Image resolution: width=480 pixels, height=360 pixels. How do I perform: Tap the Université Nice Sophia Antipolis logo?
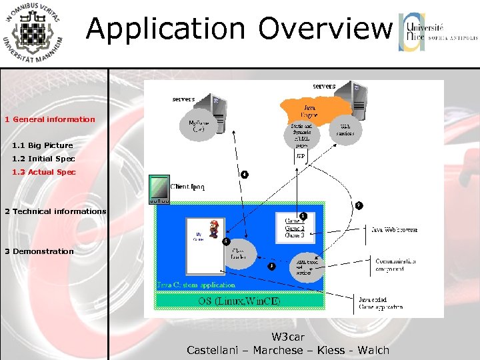[437, 32]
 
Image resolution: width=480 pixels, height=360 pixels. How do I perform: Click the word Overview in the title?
[325, 29]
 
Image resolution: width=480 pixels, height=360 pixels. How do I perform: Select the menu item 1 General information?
[50, 119]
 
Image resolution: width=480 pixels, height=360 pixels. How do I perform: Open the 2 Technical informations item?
[55, 211]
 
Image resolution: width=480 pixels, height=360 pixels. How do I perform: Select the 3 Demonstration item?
[39, 251]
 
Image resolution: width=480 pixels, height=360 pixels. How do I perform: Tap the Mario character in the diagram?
[214, 229]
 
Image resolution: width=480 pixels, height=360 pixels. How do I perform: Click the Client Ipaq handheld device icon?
[159, 189]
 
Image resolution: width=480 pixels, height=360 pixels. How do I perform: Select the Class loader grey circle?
[239, 253]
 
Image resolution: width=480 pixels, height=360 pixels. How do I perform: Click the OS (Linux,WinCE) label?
[239, 301]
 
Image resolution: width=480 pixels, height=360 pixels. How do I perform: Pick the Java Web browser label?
[394, 229]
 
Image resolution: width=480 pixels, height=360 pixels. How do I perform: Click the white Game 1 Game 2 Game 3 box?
[295, 227]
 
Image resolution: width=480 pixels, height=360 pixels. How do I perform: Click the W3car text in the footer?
[288, 337]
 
